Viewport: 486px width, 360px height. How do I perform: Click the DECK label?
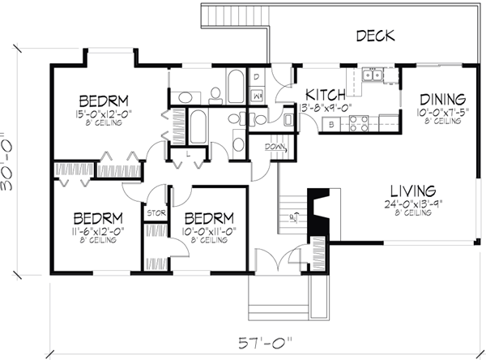coord(373,35)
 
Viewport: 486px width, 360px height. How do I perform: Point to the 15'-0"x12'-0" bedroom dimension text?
coord(96,111)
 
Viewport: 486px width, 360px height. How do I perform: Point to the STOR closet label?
coord(155,214)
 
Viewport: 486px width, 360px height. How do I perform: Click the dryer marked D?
coord(256,78)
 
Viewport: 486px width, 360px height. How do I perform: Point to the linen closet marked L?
coord(187,153)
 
